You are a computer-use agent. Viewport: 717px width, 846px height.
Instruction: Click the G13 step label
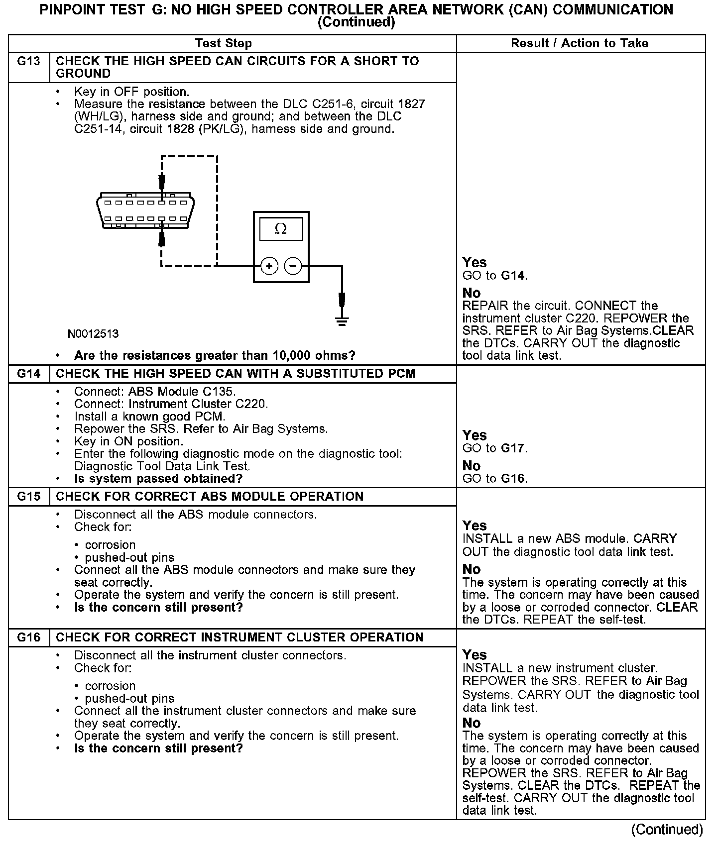coord(29,61)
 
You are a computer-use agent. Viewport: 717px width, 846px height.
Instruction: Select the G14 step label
coord(29,374)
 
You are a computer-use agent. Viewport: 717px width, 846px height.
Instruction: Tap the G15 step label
coord(29,497)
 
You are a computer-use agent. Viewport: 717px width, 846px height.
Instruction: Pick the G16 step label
coord(29,637)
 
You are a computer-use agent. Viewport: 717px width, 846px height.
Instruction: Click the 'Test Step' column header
coord(223,43)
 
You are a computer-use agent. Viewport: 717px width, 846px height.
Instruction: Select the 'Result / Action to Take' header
coord(580,43)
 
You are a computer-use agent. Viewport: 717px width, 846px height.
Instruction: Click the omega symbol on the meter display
coord(281,229)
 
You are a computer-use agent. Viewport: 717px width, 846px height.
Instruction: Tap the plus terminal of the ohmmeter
coord(269,266)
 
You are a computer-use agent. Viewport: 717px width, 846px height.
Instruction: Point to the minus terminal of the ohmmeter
coord(293,266)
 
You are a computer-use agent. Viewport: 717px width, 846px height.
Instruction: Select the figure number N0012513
coord(93,334)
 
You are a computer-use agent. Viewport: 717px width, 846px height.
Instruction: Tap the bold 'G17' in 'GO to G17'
coord(513,448)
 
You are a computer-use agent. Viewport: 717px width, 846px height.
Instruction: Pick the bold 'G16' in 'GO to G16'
coord(513,479)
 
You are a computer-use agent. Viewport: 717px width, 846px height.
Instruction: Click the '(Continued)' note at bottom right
coord(667,830)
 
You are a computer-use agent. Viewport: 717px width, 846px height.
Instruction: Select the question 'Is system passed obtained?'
coord(158,479)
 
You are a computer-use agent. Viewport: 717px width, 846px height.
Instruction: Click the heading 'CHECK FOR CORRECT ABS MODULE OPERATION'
coord(210,497)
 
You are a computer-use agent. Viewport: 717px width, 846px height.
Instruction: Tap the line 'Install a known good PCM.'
coord(149,417)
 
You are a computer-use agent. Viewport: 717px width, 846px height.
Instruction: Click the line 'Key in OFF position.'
coord(131,92)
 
